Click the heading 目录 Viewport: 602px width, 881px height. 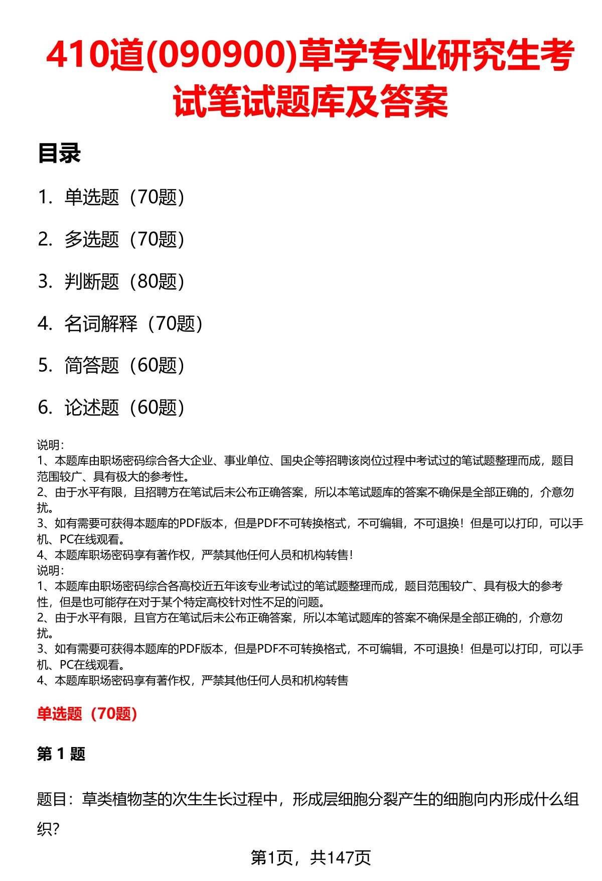pos(59,154)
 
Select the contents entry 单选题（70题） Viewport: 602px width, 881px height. pos(124,197)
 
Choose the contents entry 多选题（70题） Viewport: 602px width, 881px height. pos(124,239)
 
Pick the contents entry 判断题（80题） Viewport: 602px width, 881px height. pos(124,282)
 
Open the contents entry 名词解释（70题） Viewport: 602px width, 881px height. pos(133,324)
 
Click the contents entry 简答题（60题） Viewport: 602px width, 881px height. pos(124,365)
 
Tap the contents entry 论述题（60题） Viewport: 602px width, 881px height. pos(124,408)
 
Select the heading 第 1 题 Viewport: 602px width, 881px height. pos(61,754)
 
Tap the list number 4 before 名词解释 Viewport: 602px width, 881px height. pos(45,324)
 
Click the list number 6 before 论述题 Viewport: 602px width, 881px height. pos(45,408)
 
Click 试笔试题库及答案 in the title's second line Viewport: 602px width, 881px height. pos(311,101)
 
